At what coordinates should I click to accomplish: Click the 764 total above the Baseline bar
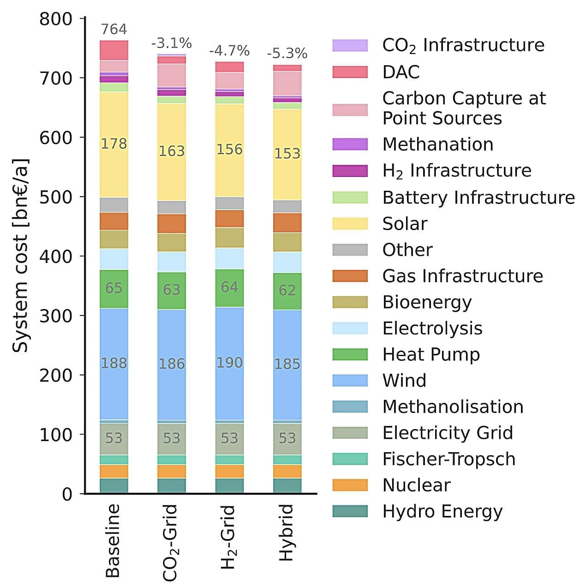pyautogui.click(x=114, y=29)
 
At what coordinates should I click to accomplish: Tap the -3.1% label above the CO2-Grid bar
pyautogui.click(x=171, y=43)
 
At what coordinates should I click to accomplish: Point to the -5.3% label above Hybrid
pyautogui.click(x=287, y=54)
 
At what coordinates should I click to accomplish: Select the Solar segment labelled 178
pyautogui.click(x=114, y=144)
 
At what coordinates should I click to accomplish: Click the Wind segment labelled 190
pyautogui.click(x=229, y=363)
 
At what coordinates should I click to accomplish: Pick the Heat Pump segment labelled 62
pyautogui.click(x=287, y=290)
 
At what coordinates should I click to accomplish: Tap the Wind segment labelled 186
pyautogui.click(x=172, y=364)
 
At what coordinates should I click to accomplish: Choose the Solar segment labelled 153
pyautogui.click(x=287, y=153)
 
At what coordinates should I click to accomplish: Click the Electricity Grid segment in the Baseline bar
pyautogui.click(x=114, y=438)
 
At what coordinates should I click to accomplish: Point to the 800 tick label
pyautogui.click(x=56, y=19)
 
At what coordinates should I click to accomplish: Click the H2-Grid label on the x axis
pyautogui.click(x=228, y=536)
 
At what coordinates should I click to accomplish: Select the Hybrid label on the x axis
pyautogui.click(x=287, y=532)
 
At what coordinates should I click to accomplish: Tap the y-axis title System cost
pyautogui.click(x=20, y=255)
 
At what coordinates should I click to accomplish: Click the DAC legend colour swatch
pyautogui.click(x=350, y=72)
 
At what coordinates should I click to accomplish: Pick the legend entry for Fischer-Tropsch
pyautogui.click(x=448, y=459)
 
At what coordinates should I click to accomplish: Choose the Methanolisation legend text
pyautogui.click(x=453, y=407)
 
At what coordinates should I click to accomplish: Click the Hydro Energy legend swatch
pyautogui.click(x=350, y=511)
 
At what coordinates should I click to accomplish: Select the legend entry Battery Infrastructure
pyautogui.click(x=478, y=198)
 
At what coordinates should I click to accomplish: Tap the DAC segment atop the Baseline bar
pyautogui.click(x=114, y=50)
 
